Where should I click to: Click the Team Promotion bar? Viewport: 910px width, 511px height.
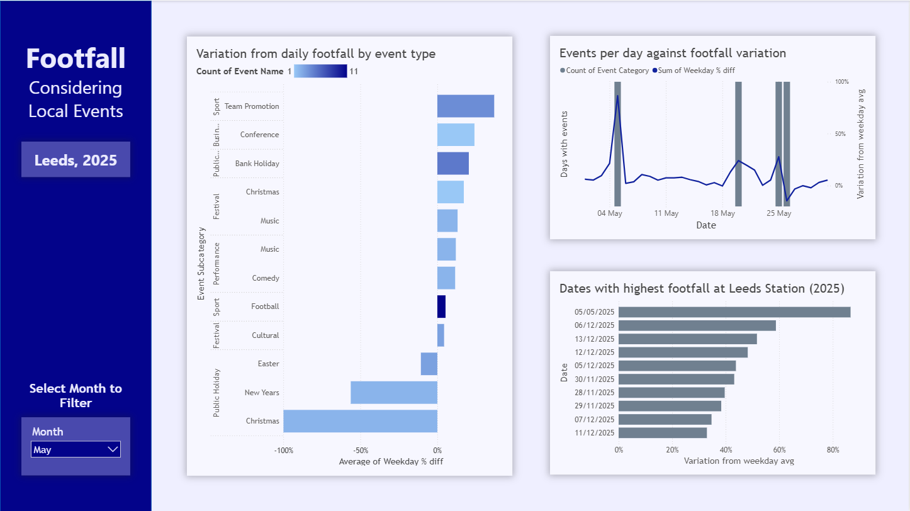click(x=465, y=106)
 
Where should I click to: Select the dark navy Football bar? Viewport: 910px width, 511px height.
click(x=441, y=306)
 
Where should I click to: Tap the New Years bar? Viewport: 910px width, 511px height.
click(x=393, y=393)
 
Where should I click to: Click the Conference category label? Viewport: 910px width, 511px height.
click(x=259, y=135)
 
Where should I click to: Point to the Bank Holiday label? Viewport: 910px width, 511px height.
click(x=257, y=164)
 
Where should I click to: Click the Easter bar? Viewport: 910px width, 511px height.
click(x=429, y=364)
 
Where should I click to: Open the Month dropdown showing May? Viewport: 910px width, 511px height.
click(x=76, y=449)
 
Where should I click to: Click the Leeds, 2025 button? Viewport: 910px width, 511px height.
click(x=76, y=160)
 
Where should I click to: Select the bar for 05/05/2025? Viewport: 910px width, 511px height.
click(x=734, y=312)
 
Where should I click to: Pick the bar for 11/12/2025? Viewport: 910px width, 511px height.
click(x=662, y=433)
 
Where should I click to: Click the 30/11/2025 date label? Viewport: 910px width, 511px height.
click(x=594, y=379)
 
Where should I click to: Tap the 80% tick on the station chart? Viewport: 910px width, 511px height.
click(x=833, y=450)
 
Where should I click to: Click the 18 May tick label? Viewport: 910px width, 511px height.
click(x=722, y=213)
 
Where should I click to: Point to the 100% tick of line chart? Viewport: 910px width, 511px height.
click(x=841, y=82)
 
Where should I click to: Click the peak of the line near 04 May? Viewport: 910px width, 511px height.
click(x=617, y=96)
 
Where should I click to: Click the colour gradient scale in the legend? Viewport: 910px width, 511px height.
click(x=320, y=71)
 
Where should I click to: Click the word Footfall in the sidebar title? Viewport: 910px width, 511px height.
click(x=76, y=59)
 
